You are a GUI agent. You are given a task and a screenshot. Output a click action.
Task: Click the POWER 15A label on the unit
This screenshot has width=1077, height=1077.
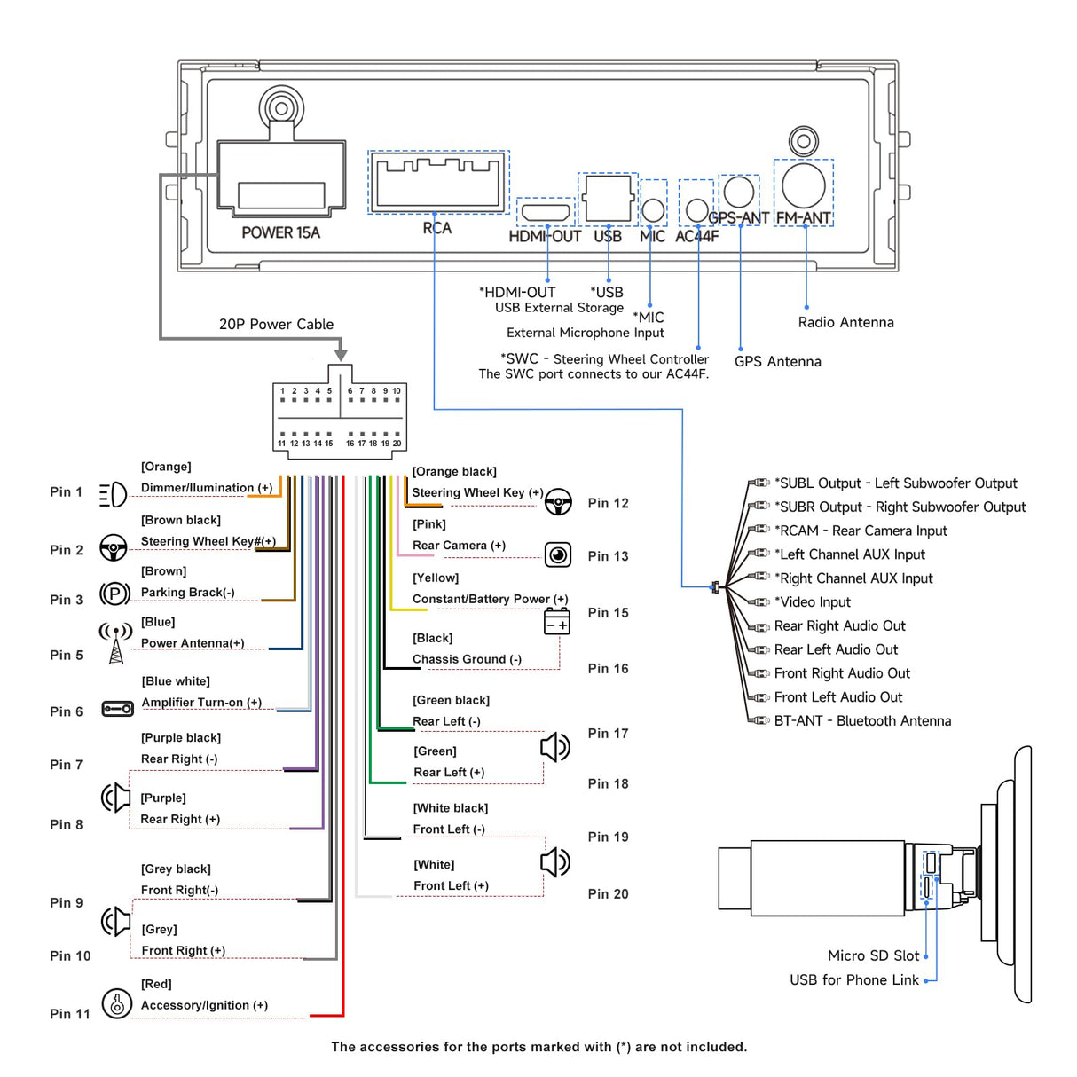(x=280, y=232)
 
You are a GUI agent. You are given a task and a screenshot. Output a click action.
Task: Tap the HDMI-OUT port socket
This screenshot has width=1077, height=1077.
(x=546, y=212)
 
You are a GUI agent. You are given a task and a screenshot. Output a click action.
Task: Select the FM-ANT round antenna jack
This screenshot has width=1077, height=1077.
(x=804, y=185)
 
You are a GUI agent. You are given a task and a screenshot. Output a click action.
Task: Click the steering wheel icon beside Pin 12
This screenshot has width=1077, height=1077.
(x=558, y=502)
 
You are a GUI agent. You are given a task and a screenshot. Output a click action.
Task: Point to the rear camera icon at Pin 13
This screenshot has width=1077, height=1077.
(x=558, y=555)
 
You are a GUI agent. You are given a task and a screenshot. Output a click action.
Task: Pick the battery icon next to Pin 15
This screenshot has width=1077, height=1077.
(x=557, y=622)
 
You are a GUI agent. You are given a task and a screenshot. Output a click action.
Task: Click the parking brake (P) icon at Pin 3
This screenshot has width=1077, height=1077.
(x=114, y=594)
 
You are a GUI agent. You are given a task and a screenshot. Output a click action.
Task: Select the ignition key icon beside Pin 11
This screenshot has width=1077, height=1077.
(x=116, y=1003)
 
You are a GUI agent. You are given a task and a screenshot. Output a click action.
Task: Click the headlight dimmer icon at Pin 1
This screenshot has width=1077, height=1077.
(x=113, y=494)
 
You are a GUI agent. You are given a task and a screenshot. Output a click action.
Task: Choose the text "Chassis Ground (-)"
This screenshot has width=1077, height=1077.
(x=467, y=659)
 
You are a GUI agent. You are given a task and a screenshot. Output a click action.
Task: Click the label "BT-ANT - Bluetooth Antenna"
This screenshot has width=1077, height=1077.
(x=862, y=721)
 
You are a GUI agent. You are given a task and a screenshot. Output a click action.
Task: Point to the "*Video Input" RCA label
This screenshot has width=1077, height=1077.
(x=813, y=602)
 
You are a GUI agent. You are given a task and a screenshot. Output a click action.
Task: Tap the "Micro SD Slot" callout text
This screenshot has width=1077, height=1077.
(x=873, y=955)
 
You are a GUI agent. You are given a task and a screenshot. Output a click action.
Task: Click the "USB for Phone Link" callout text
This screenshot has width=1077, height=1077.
(x=854, y=980)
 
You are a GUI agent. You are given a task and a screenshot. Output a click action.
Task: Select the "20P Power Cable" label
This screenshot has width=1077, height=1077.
(x=276, y=325)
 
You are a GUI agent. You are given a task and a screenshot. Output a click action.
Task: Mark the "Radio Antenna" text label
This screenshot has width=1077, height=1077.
(x=845, y=323)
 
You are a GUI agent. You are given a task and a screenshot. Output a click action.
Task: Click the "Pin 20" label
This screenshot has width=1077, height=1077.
(x=608, y=894)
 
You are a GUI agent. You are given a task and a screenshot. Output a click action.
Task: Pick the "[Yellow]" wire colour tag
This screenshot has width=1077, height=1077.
(x=436, y=578)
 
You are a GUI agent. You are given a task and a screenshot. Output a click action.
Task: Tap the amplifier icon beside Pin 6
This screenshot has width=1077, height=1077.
(x=117, y=709)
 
